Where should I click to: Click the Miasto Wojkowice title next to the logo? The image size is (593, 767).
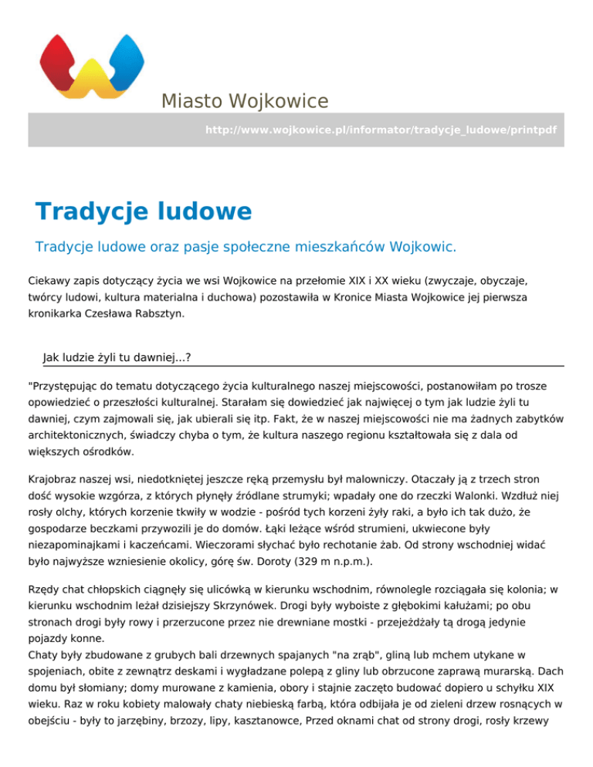click(244, 101)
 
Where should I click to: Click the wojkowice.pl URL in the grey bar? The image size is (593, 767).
click(380, 130)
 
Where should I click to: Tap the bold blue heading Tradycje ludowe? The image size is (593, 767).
click(144, 211)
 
